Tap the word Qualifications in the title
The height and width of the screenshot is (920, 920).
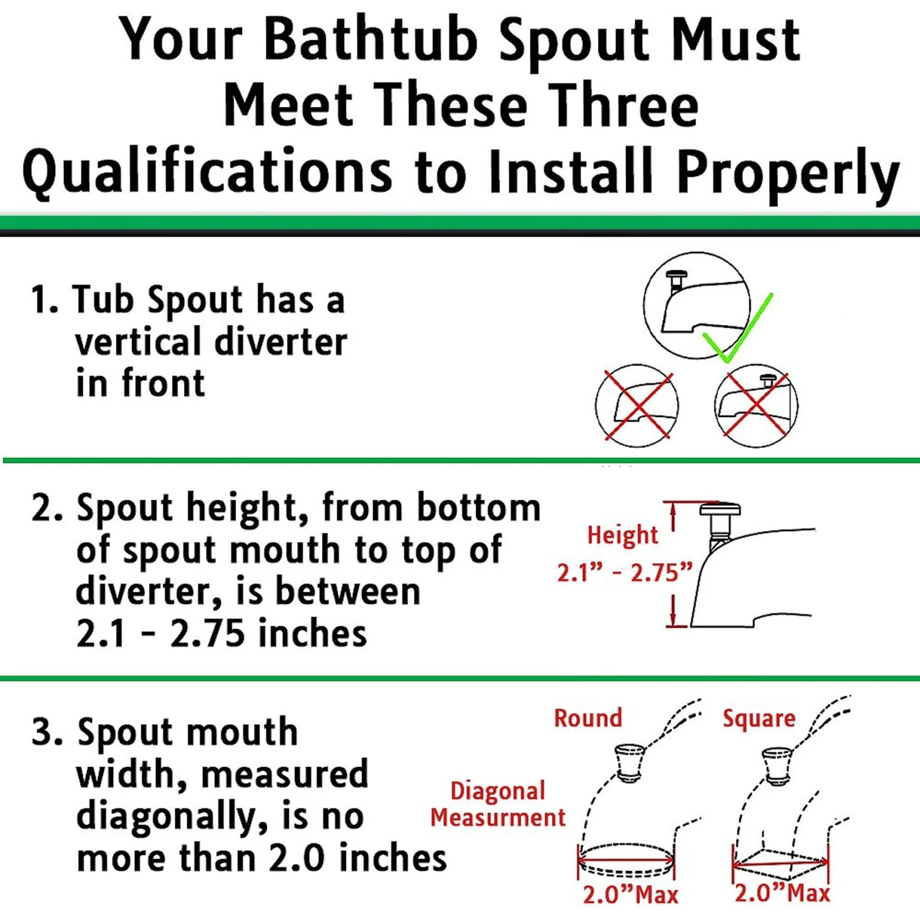[207, 172]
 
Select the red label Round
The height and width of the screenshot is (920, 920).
[588, 718]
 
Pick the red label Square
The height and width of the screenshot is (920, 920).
[759, 719]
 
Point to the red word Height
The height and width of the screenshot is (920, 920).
[623, 535]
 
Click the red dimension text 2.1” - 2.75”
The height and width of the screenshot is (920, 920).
[624, 572]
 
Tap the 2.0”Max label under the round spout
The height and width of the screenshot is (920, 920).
[631, 894]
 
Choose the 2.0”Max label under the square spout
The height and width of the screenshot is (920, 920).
[783, 892]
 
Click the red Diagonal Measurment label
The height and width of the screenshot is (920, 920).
[497, 804]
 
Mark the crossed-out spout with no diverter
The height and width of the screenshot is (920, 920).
[637, 405]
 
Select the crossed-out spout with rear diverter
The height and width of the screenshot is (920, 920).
[756, 405]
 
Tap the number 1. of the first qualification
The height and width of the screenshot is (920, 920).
[44, 300]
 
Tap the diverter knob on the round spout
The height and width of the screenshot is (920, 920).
[629, 762]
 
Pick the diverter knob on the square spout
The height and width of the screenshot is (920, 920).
[777, 765]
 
